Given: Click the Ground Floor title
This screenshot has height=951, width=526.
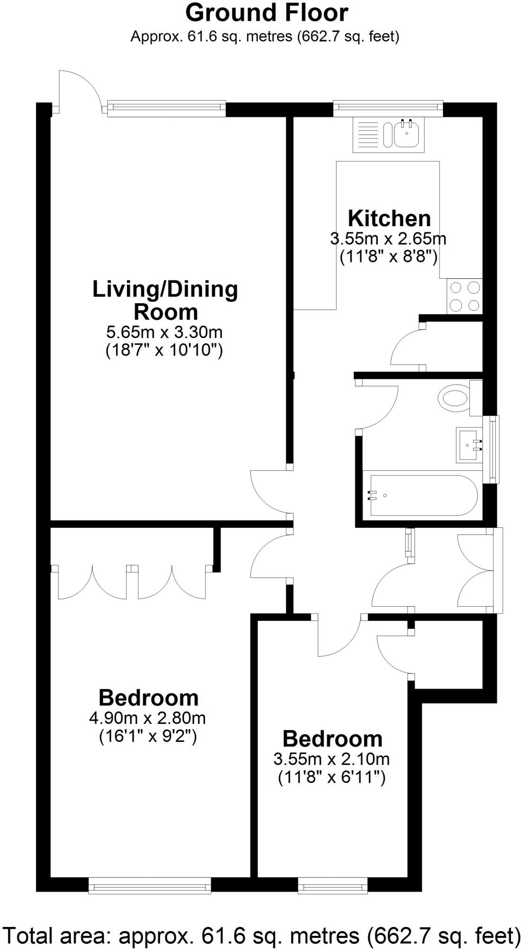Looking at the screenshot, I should [267, 13].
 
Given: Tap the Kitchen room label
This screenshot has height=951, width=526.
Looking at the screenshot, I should [389, 219].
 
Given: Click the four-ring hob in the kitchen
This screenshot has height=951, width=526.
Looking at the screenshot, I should [465, 296].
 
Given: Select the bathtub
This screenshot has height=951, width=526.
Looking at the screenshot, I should [424, 495].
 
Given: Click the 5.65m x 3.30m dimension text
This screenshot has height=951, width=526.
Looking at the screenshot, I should [164, 332].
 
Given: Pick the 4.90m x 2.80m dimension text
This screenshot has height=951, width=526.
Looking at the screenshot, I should [147, 718].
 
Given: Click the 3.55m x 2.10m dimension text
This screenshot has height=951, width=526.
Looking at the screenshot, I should [331, 759].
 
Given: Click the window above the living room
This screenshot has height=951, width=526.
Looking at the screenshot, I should [166, 109].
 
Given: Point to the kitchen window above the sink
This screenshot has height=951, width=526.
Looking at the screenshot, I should [388, 109].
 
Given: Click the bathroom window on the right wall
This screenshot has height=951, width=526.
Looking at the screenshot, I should [493, 450].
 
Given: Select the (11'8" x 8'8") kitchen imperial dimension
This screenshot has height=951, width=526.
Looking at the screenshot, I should [388, 257].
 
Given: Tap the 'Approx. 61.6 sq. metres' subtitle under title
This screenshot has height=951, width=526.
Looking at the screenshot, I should [265, 36].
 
